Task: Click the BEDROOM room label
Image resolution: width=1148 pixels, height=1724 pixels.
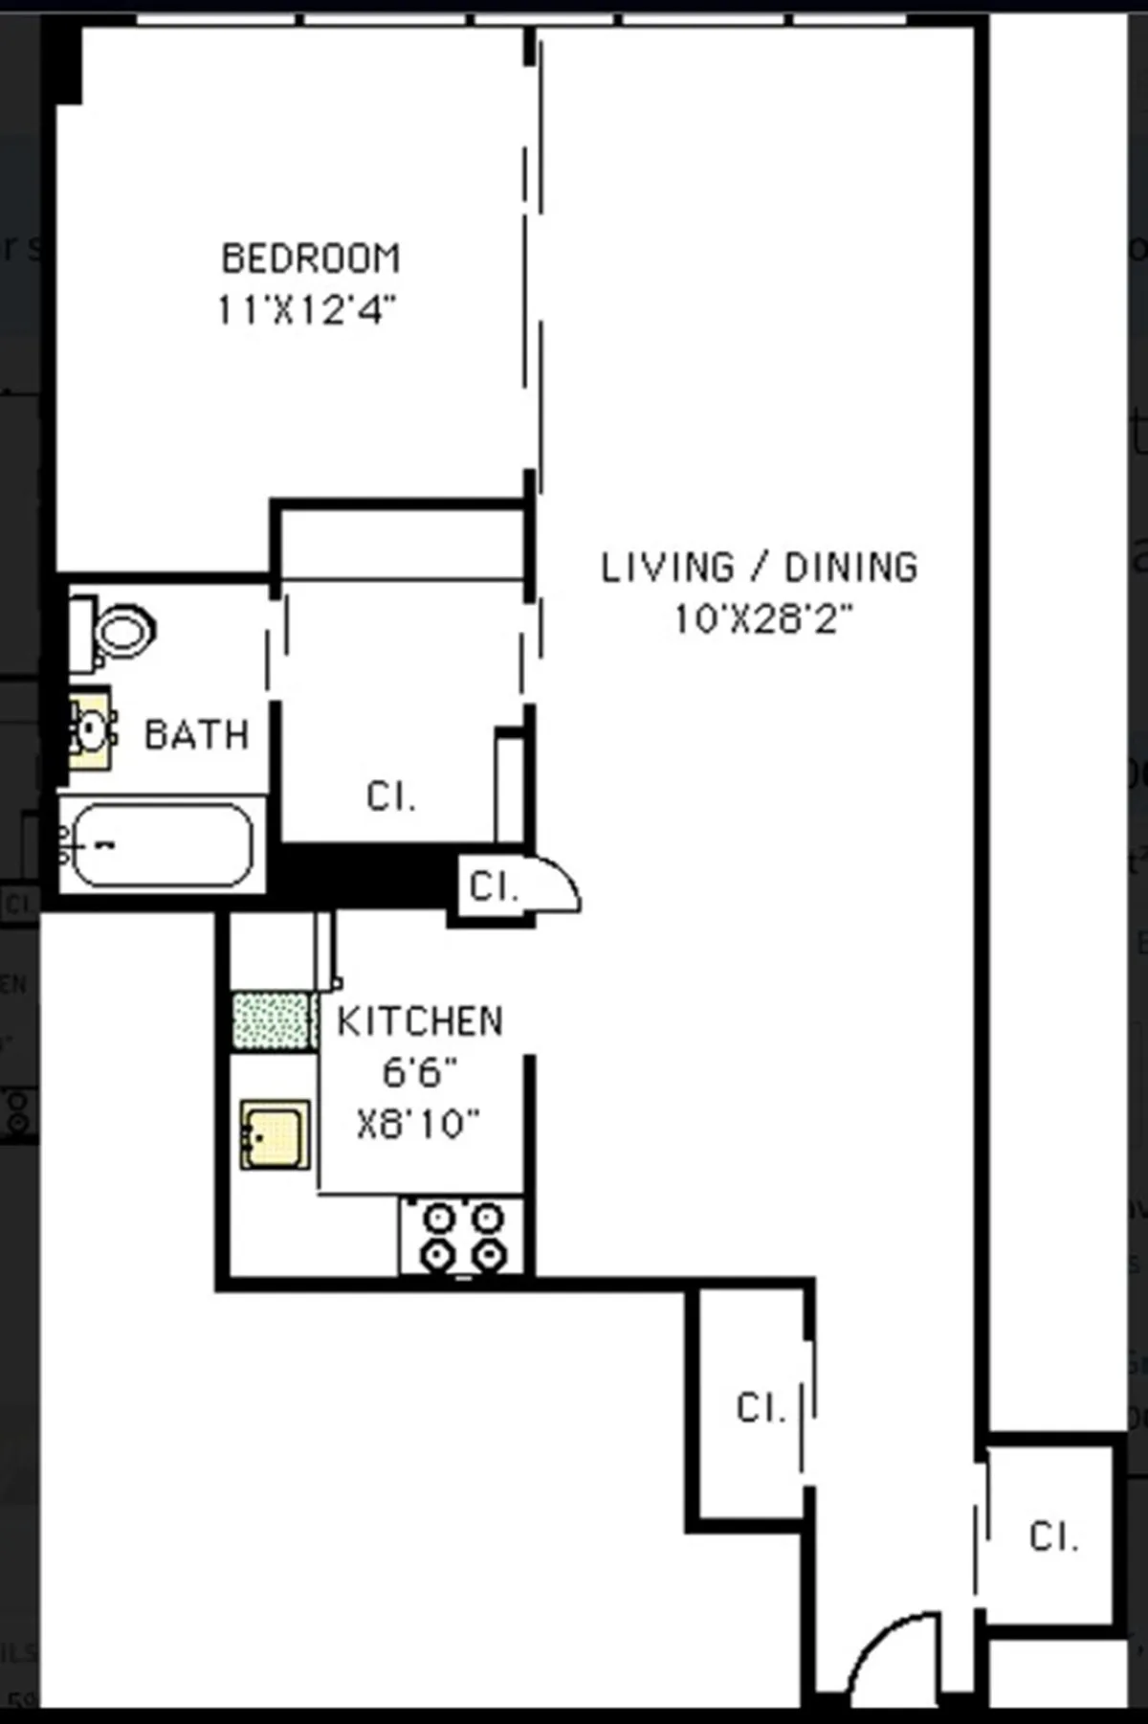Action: pos(311,258)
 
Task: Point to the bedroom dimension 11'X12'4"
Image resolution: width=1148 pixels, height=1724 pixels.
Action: pos(306,310)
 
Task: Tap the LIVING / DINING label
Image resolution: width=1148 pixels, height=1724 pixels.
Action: pos(759,568)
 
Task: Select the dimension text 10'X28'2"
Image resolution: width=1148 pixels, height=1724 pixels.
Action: pos(762,619)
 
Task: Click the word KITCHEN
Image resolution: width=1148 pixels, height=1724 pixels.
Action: pos(419,1021)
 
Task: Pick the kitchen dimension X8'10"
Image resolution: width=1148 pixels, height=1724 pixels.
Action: pos(418,1124)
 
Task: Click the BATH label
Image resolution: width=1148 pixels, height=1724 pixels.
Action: pos(196,735)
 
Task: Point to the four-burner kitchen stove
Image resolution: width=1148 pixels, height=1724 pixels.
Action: pos(463,1236)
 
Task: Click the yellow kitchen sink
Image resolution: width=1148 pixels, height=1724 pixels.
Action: pos(275,1134)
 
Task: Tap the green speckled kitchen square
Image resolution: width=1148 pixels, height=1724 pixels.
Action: pos(272,1020)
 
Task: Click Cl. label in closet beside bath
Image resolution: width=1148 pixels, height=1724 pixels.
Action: pos(390,796)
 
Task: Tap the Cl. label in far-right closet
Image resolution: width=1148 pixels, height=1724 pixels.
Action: pos(1053,1536)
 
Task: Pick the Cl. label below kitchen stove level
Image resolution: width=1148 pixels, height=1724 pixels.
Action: pos(761,1407)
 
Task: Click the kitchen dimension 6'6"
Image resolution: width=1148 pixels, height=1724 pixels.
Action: pos(419,1073)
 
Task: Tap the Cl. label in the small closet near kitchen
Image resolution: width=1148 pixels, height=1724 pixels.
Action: pos(493,887)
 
